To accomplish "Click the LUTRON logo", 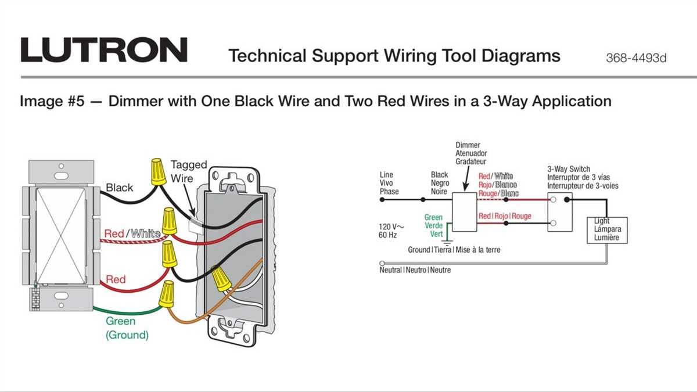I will (x=104, y=50).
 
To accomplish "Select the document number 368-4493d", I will (x=636, y=58).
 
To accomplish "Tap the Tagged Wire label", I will (x=188, y=171).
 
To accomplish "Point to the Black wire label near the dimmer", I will (x=119, y=188).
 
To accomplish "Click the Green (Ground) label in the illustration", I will (x=127, y=328).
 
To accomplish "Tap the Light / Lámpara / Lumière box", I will (x=607, y=229).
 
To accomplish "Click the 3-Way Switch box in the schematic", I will (x=560, y=212).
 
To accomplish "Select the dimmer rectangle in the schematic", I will (x=464, y=212).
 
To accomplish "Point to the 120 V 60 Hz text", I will (x=392, y=231).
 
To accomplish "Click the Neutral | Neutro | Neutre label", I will (x=415, y=270).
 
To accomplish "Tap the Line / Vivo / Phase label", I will (x=389, y=183).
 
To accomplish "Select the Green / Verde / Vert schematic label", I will (x=433, y=225).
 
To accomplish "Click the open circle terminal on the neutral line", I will (x=382, y=262).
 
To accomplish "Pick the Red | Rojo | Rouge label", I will (x=505, y=216).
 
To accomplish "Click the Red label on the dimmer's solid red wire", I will (x=116, y=279).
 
